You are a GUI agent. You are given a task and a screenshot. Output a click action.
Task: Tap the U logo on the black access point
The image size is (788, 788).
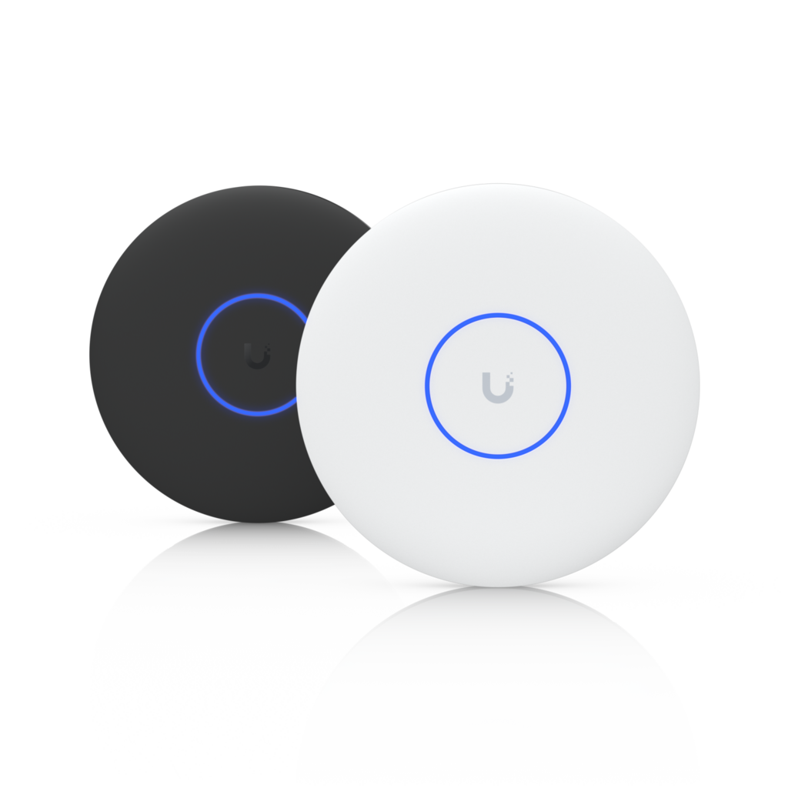click(x=254, y=356)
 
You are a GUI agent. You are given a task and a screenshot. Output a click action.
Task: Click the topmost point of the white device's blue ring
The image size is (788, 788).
click(x=498, y=315)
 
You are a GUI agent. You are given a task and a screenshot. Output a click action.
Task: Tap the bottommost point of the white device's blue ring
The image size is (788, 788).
click(x=498, y=457)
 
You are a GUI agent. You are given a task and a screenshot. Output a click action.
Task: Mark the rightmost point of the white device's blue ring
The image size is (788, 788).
click(x=569, y=386)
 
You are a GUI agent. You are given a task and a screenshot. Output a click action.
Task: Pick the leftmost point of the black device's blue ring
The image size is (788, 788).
click(x=197, y=355)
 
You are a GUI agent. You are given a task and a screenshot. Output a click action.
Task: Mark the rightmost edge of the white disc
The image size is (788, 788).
click(x=701, y=385)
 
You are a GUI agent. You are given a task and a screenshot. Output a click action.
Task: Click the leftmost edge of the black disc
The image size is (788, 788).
click(x=88, y=354)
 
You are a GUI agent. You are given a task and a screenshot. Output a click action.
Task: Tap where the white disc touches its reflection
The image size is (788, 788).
click(x=498, y=587)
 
